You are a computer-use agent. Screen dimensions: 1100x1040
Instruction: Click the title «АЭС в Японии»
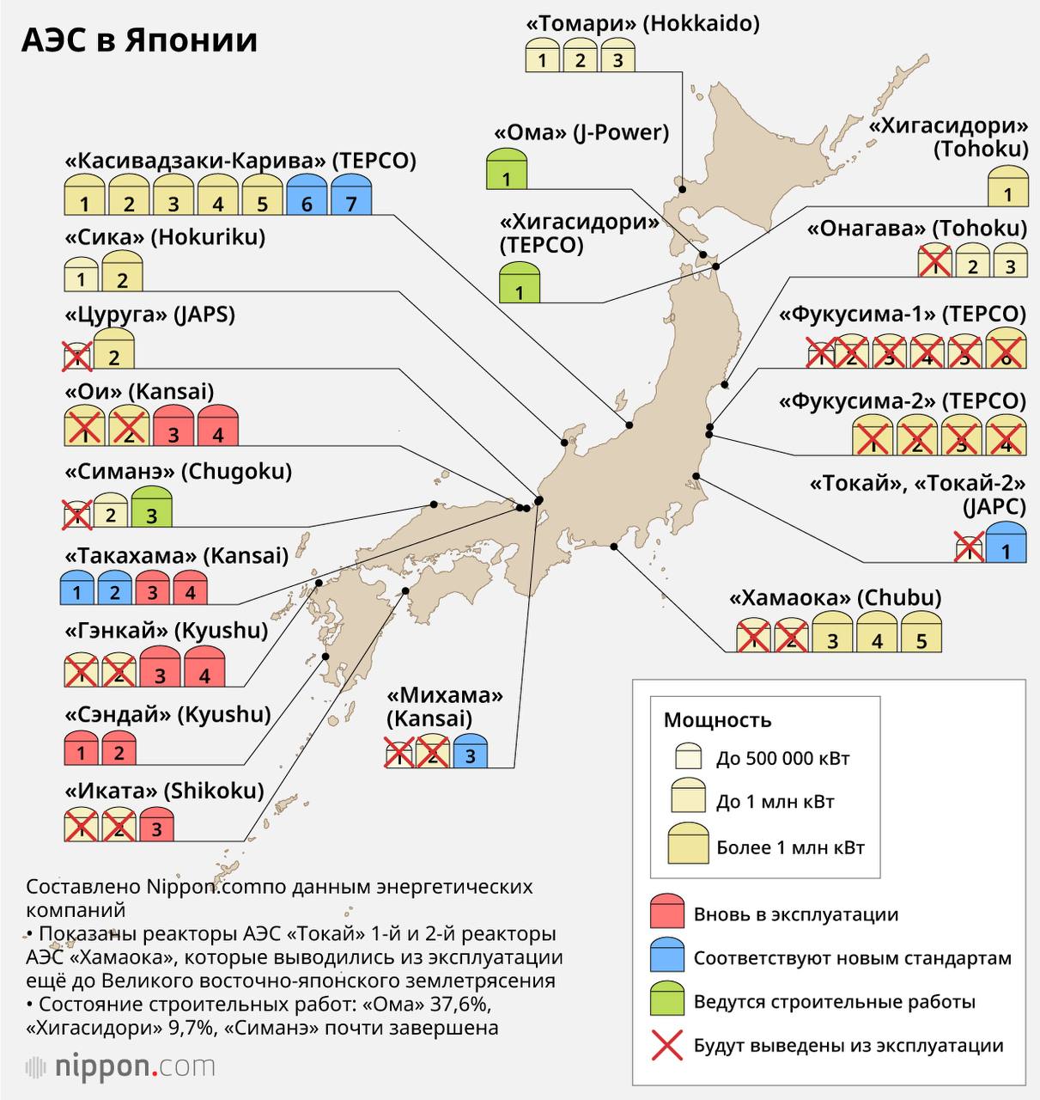139,40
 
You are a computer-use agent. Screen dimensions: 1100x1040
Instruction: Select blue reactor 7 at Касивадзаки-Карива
350,195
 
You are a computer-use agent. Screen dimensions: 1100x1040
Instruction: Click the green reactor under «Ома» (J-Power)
507,169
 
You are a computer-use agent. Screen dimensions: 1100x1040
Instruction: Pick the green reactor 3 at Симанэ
152,508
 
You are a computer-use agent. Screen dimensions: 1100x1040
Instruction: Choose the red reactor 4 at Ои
218,426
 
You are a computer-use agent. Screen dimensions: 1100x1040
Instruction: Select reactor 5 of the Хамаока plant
921,632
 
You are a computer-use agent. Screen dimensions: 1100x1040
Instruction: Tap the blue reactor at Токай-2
1007,543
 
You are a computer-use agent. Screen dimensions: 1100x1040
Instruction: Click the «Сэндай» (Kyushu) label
167,714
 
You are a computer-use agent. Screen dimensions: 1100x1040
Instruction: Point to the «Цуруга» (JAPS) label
149,315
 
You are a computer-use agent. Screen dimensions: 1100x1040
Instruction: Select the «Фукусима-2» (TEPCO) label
902,401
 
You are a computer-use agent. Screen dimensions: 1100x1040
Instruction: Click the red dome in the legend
667,913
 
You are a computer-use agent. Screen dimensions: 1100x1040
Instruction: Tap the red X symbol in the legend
667,1046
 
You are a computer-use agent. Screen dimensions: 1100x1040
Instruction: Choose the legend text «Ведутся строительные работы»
834,1002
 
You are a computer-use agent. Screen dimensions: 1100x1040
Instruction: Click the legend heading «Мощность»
717,720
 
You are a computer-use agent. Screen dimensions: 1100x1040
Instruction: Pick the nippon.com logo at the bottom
120,1067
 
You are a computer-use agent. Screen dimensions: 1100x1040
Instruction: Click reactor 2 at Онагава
973,261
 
